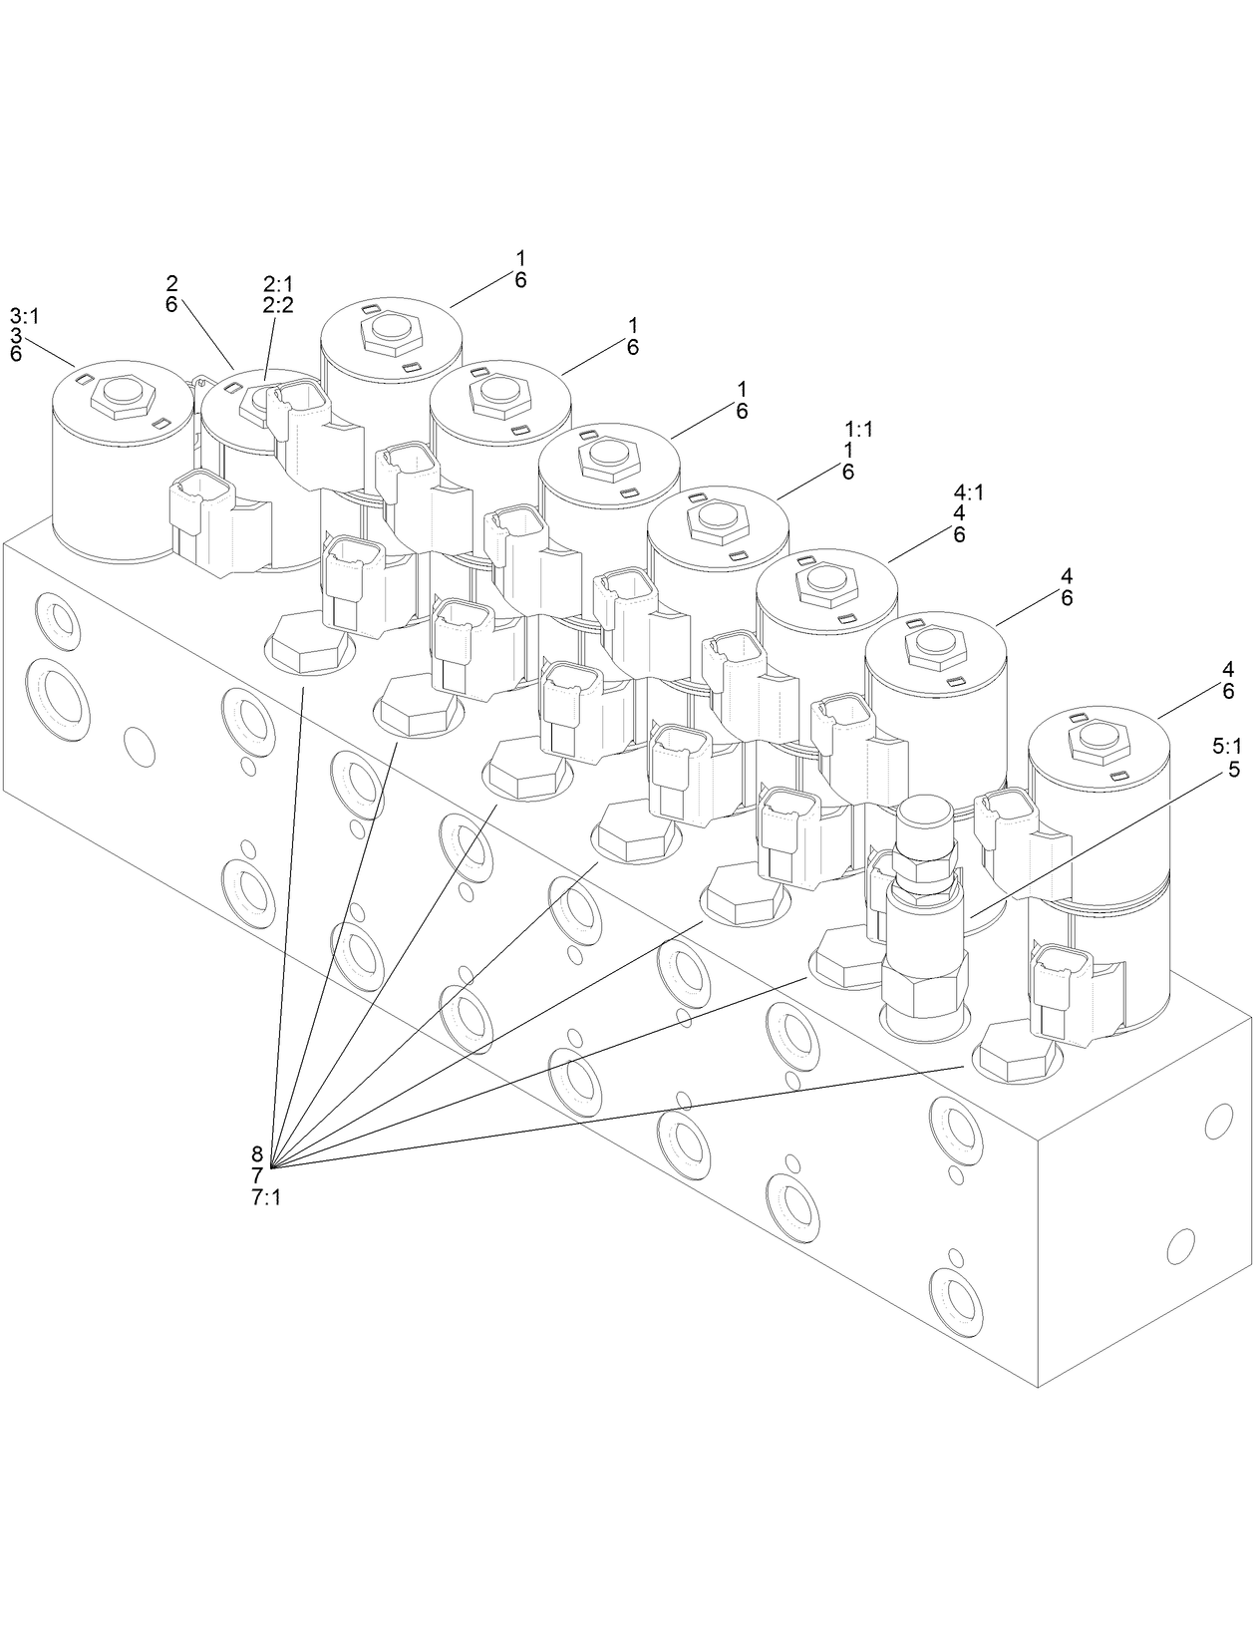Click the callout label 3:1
(24, 316)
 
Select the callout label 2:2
(278, 305)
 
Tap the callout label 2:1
(278, 284)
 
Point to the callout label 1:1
(858, 430)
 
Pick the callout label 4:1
(969, 492)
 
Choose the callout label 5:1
(1226, 747)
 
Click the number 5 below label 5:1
(1234, 770)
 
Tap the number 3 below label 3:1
(16, 335)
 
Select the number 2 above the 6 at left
(172, 284)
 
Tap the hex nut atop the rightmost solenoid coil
(1101, 741)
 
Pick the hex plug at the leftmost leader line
(309, 643)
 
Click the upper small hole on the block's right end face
(1219, 1124)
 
